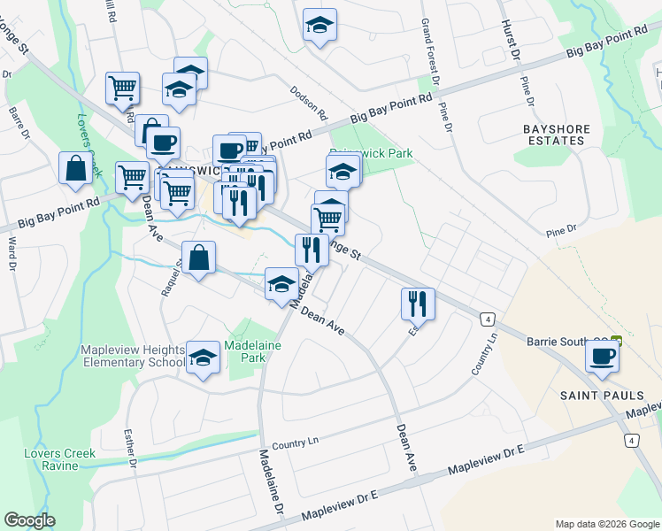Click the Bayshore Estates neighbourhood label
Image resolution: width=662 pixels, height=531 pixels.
tap(556, 135)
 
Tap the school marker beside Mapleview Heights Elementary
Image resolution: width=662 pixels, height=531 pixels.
tap(204, 358)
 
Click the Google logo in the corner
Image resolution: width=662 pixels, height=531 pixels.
tap(29, 520)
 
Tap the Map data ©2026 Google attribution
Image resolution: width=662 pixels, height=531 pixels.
tap(606, 524)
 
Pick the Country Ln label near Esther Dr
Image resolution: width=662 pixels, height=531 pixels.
tap(294, 442)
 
